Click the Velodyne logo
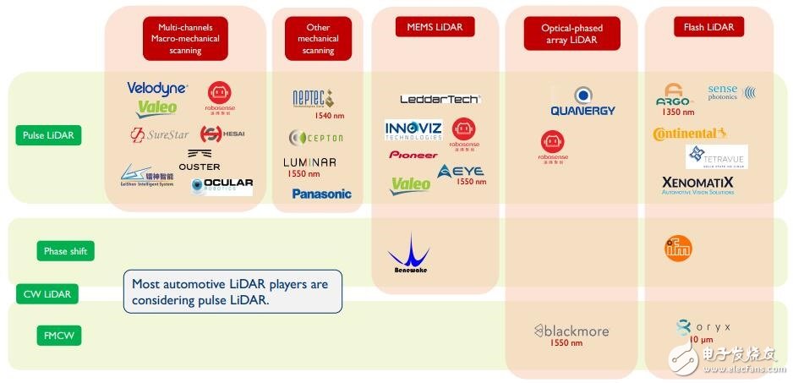pos(157,88)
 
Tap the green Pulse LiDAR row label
pos(48,135)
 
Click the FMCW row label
pos(58,335)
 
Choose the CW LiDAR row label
pos(48,294)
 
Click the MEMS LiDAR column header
pos(435,27)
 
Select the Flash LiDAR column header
pos(708,27)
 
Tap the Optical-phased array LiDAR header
pos(571,34)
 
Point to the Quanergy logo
pos(582,101)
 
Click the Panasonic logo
pos(321,194)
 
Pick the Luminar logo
pos(309,161)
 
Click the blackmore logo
pos(571,331)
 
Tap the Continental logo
pos(689,134)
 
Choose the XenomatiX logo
pos(697,184)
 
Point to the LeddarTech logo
pos(440,99)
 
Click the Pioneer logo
pos(413,155)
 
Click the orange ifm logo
pos(678,247)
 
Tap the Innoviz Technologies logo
pos(413,130)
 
